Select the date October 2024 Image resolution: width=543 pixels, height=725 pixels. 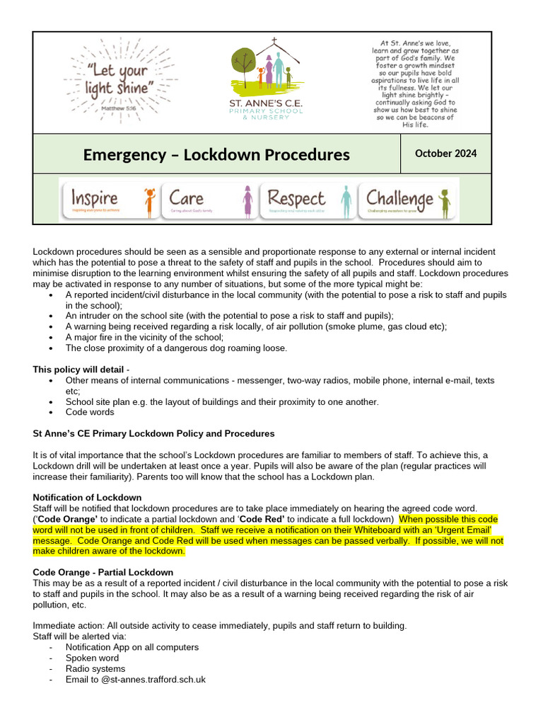tap(445, 154)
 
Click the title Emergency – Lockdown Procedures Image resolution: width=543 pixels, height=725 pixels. tap(216, 154)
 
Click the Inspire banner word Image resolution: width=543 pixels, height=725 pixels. tap(94, 199)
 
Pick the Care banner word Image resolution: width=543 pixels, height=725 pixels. tap(186, 199)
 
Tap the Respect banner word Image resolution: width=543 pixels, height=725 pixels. tap(296, 199)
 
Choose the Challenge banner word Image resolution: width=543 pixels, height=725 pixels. tap(399, 199)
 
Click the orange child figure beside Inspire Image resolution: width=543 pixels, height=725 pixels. tap(150, 201)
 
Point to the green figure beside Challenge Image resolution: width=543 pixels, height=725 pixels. tap(445, 202)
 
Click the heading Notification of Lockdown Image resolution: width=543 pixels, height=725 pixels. tap(87, 498)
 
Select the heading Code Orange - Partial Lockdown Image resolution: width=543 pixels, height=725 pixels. tap(103, 572)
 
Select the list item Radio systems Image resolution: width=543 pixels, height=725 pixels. tap(95, 668)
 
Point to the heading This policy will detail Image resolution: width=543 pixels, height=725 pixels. tap(79, 370)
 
